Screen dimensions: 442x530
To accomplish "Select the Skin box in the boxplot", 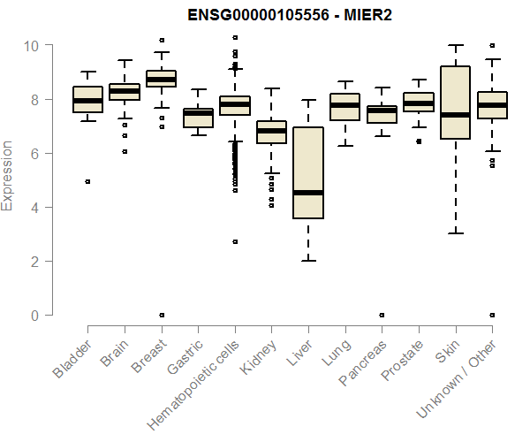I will (455, 103).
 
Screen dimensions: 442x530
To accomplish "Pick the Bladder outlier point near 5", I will (87, 181).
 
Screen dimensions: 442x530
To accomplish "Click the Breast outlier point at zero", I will (161, 315).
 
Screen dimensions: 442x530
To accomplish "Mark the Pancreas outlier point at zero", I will (382, 315).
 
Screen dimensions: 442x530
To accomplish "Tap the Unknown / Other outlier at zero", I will (492, 315).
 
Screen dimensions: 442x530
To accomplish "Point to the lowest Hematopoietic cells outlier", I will (235, 241).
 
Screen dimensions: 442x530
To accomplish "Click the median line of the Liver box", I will (308, 192).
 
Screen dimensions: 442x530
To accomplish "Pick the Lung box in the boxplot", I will (344, 106).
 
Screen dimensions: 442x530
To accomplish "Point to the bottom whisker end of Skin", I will (455, 233).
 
